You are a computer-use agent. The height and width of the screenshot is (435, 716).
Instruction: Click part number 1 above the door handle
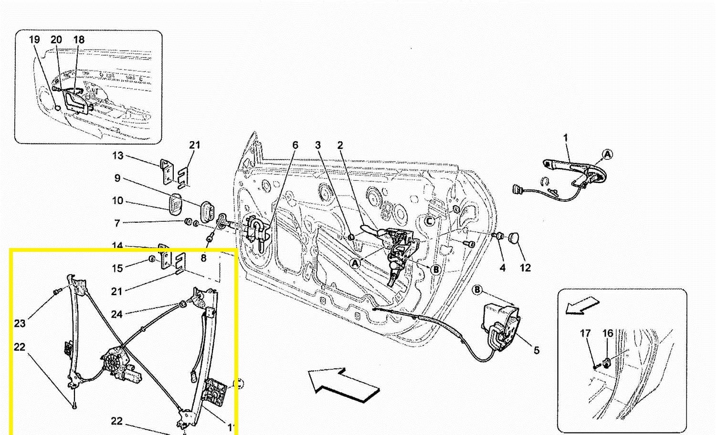(566, 138)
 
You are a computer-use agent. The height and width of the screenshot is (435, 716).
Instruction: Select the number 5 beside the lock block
(537, 351)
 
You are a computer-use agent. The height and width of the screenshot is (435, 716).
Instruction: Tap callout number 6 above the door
(295, 145)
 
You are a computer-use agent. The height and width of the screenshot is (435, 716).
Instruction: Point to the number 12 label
(525, 268)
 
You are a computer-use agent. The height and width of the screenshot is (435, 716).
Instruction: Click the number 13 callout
(118, 155)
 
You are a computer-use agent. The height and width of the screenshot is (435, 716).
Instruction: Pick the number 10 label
(118, 201)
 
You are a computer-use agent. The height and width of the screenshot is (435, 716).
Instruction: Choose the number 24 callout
(117, 314)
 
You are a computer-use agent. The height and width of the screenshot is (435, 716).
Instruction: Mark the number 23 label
(20, 323)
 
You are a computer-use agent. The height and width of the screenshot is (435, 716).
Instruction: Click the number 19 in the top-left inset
(34, 40)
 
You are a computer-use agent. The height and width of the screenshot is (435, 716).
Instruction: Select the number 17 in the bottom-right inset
(586, 333)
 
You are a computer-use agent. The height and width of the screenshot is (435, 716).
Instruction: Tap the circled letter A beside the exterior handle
(607, 155)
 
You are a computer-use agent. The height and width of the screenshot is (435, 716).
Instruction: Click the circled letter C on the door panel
(430, 221)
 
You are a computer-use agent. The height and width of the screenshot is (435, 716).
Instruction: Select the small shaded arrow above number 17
(581, 305)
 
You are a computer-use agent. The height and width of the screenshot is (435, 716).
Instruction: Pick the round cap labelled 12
(515, 238)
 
